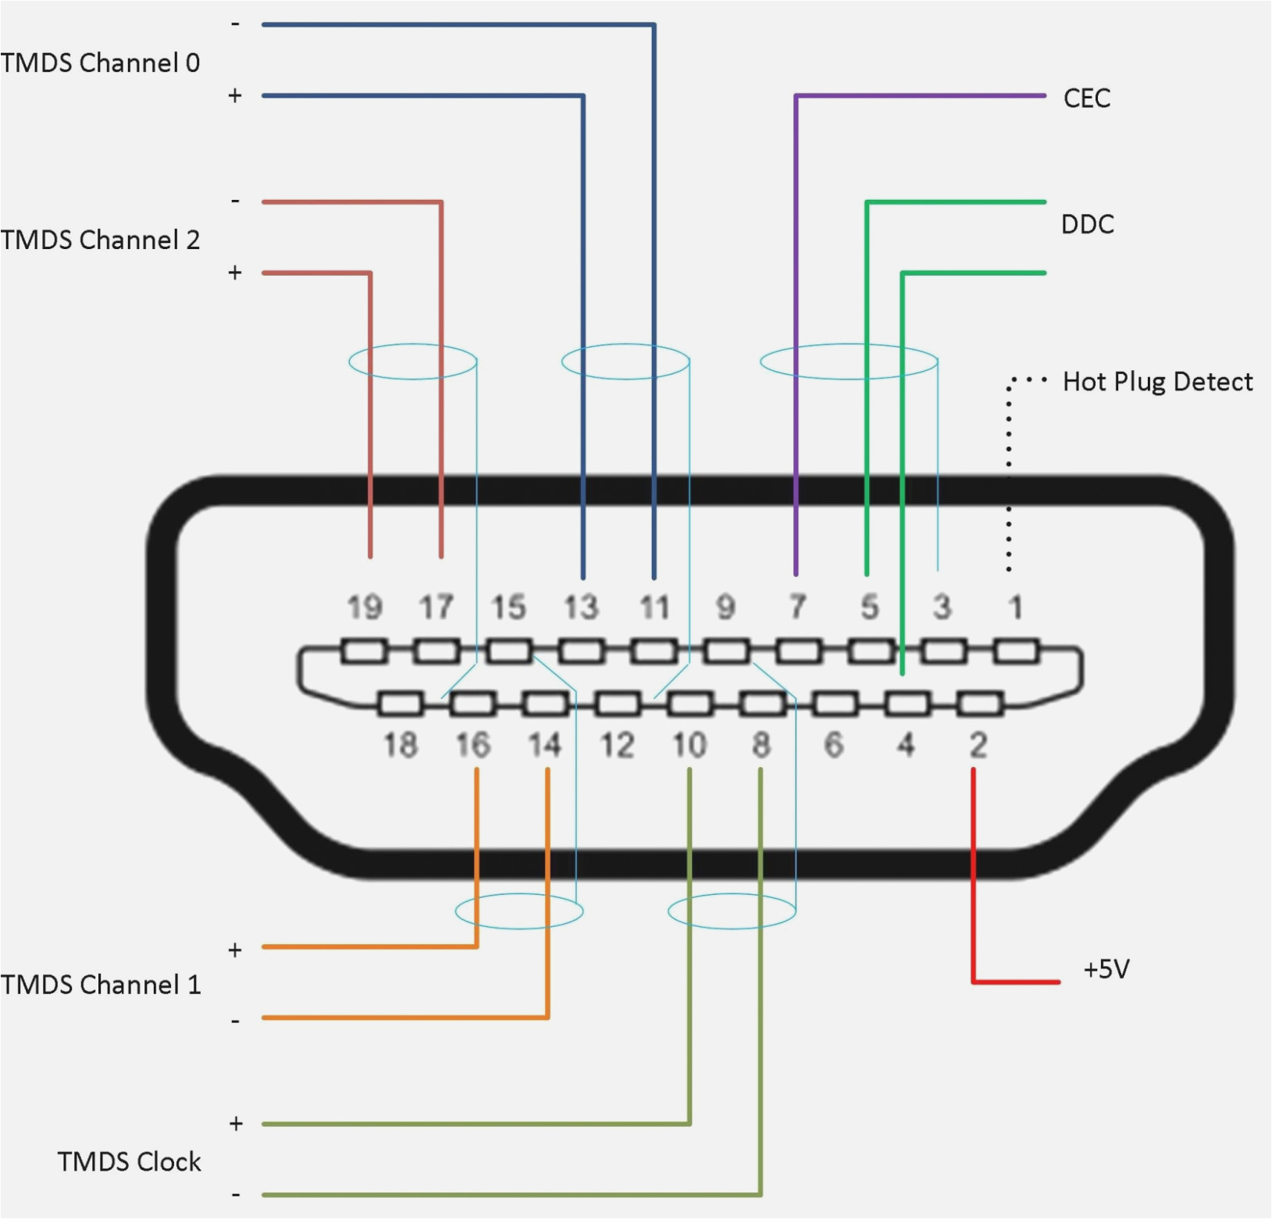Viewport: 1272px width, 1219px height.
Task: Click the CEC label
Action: pyautogui.click(x=1086, y=98)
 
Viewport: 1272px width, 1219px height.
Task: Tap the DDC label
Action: pyautogui.click(x=1087, y=225)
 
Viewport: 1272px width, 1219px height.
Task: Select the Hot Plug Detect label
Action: pyautogui.click(x=1157, y=382)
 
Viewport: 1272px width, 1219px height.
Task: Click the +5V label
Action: pyautogui.click(x=1106, y=970)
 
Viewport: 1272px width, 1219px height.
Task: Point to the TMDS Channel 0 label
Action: pyautogui.click(x=101, y=63)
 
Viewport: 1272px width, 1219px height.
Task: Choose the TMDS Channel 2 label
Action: pyautogui.click(x=101, y=240)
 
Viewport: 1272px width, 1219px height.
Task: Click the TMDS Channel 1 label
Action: pyautogui.click(x=101, y=985)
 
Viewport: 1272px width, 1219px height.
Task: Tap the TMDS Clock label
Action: pyautogui.click(x=130, y=1162)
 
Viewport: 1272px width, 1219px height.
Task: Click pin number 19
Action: pyautogui.click(x=365, y=608)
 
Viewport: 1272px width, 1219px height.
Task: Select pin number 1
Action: pyautogui.click(x=1014, y=608)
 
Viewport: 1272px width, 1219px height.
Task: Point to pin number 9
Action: pyautogui.click(x=725, y=608)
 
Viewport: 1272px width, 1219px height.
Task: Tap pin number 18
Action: pyautogui.click(x=401, y=745)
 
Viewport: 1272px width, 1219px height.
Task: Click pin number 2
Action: pyautogui.click(x=978, y=745)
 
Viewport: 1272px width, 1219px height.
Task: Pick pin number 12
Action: pyautogui.click(x=617, y=745)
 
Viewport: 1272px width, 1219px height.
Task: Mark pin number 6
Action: pyautogui.click(x=834, y=745)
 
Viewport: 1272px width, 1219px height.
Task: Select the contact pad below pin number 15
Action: pyautogui.click(x=509, y=650)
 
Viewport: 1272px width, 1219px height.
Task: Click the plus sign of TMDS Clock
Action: pyautogui.click(x=236, y=1124)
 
